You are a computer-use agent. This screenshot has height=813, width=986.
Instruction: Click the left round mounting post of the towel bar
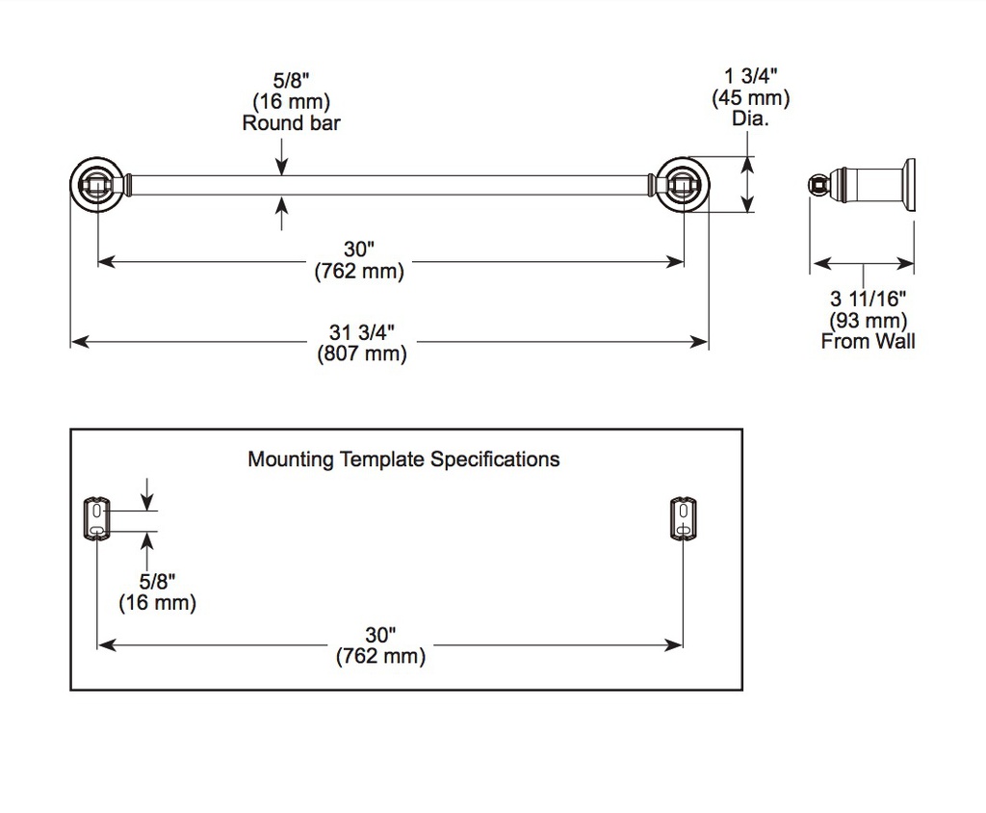[97, 185]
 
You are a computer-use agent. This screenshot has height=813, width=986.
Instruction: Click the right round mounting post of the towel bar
[684, 185]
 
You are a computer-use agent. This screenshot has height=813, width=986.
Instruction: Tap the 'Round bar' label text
[291, 122]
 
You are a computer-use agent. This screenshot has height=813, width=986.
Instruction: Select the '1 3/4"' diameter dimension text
[751, 76]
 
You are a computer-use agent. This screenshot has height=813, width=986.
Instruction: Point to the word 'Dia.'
[750, 118]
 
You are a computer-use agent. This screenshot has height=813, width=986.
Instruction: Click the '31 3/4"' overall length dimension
[362, 331]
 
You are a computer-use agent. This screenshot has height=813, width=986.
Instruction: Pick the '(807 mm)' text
[362, 354]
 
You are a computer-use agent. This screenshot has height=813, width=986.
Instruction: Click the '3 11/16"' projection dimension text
[868, 299]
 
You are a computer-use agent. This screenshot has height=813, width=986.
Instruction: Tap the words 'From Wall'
[868, 341]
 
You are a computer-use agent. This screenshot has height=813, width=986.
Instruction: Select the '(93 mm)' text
[868, 321]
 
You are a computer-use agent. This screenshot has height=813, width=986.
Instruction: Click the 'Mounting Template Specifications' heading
[403, 459]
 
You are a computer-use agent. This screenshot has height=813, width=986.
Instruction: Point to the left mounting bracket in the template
[96, 519]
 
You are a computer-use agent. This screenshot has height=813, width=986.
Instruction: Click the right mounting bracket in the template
[683, 519]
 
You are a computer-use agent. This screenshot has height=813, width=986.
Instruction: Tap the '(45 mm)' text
[751, 97]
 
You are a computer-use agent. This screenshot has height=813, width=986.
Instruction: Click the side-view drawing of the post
[862, 184]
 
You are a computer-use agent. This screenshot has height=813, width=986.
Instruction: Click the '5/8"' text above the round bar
[291, 80]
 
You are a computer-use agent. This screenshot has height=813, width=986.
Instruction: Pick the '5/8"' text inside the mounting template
[157, 581]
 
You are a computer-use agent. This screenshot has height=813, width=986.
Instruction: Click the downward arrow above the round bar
[282, 156]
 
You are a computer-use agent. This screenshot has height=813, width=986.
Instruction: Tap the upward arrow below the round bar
[282, 213]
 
